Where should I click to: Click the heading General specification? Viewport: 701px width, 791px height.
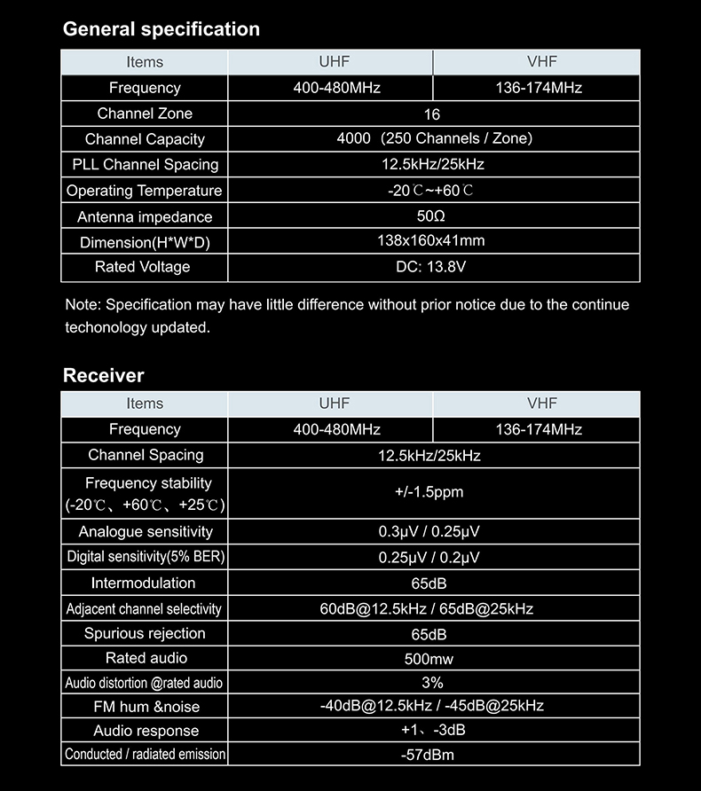point(161,29)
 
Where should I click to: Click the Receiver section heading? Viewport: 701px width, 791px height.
point(103,375)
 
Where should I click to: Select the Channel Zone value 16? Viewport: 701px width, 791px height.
point(432,114)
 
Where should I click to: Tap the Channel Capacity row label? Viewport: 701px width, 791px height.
point(145,139)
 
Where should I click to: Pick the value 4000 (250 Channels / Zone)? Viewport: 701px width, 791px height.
point(434,138)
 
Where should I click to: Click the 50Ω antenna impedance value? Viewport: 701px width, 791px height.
point(430,216)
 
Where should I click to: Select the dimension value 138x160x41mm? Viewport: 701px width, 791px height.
point(431,241)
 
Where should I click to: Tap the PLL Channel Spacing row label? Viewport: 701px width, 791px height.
point(145,165)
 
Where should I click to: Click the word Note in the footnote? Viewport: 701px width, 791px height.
point(82,305)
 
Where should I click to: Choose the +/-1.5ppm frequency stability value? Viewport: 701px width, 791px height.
point(429,492)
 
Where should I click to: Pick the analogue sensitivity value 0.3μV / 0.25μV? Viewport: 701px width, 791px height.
point(429,532)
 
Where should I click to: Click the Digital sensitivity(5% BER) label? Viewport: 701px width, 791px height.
point(146,557)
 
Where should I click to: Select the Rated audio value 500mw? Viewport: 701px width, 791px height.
point(429,660)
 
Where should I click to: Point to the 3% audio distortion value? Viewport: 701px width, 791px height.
point(432,683)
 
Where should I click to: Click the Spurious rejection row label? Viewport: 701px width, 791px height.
point(145,634)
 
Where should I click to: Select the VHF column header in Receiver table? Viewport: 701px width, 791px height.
point(541,403)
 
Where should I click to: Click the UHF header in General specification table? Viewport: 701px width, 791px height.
point(335,62)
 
